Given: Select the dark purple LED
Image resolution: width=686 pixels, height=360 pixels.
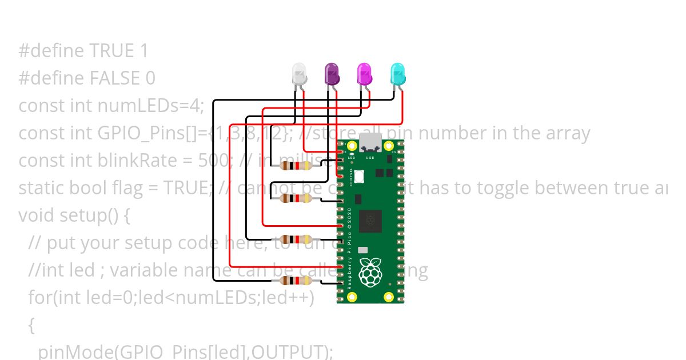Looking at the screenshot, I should point(332,74).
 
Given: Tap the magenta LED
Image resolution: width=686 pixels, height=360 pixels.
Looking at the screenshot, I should point(365,74).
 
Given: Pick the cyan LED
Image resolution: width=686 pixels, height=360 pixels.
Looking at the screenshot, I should point(398,74).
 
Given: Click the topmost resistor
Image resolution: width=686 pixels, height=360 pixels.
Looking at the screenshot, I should point(296,166).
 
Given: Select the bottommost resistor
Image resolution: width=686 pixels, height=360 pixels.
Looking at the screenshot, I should point(296,281).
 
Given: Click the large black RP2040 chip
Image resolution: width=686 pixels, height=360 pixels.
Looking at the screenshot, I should point(370,220).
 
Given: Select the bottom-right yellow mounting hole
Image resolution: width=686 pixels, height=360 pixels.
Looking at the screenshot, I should point(389,297).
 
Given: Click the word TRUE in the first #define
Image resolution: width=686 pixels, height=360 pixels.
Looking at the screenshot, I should point(111,51).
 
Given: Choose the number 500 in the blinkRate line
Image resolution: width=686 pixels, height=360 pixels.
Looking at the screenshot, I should point(212,160).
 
